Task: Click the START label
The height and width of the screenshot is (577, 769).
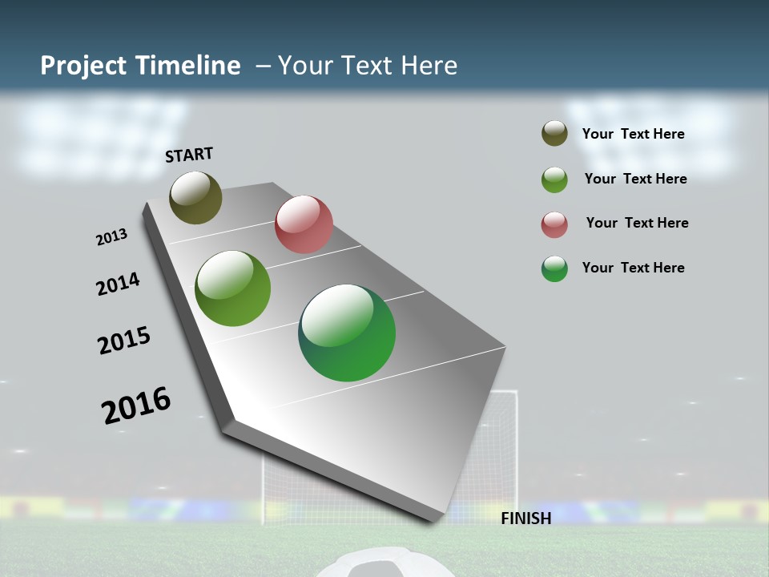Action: pos(189,155)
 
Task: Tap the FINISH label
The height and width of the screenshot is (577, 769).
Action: pos(526,518)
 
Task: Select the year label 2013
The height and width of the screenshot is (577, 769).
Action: pos(112,237)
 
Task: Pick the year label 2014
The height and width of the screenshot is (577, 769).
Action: pos(119,284)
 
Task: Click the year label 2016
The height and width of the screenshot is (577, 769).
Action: pos(136,405)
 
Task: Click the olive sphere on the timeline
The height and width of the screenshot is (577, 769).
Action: pos(195,197)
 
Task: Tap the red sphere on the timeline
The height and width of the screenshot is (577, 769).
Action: pos(304,224)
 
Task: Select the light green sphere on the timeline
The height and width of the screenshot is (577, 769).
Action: pos(232,288)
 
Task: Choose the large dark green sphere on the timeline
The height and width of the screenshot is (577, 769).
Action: pos(347,333)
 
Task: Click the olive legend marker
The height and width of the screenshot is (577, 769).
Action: pos(554,133)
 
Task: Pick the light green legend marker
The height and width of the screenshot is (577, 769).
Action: pos(554,180)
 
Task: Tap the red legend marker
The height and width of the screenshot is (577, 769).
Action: pos(554,224)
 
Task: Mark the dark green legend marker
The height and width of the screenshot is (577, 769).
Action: pos(554,268)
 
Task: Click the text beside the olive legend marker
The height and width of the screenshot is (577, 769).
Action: pos(633,134)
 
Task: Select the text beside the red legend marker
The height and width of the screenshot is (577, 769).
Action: pos(637,223)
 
